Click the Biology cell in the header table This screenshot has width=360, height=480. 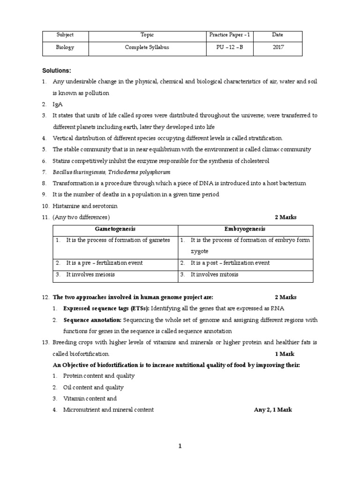coord(65,47)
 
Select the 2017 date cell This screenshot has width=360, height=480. coord(277,47)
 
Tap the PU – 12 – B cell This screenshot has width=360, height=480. coord(230,47)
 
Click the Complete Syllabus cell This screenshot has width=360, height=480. coord(147,47)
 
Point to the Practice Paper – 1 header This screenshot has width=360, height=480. coord(230,35)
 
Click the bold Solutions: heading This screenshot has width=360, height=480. coord(57,70)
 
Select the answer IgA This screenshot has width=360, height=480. coord(57,104)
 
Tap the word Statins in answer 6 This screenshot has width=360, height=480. coord(61,161)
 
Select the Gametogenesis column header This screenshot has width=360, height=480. coord(115,229)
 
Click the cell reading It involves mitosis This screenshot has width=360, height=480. coord(215,274)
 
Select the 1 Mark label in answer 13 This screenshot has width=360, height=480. coord(285,353)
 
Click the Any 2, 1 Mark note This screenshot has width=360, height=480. coord(273,410)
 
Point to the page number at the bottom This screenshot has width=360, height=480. coord(180,446)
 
